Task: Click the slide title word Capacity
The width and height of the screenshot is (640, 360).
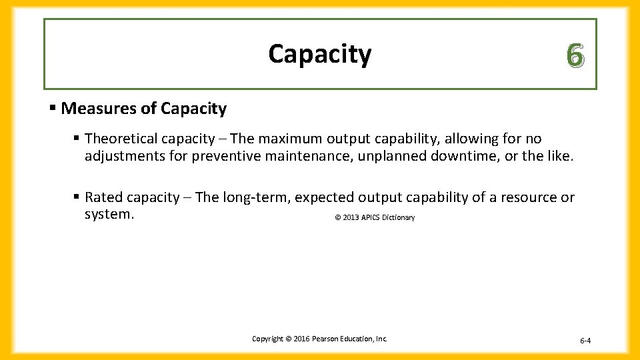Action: pos(319,54)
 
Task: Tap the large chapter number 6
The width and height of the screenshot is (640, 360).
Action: pos(575,56)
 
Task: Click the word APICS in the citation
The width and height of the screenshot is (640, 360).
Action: pos(370,218)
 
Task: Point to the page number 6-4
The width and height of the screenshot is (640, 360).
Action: pos(585,341)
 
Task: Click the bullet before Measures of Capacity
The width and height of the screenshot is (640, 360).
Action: pos(53,109)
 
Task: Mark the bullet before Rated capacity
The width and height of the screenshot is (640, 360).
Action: pos(77,197)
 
